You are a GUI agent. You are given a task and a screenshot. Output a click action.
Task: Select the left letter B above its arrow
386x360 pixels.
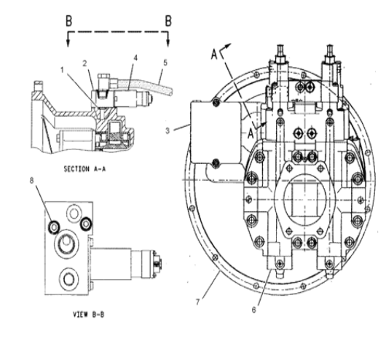point(69,20)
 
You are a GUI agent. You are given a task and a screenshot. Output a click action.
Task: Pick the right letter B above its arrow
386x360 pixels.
point(168,20)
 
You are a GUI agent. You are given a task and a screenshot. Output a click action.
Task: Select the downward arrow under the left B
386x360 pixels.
point(69,39)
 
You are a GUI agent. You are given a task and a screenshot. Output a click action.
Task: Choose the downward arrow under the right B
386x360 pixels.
point(168,39)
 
